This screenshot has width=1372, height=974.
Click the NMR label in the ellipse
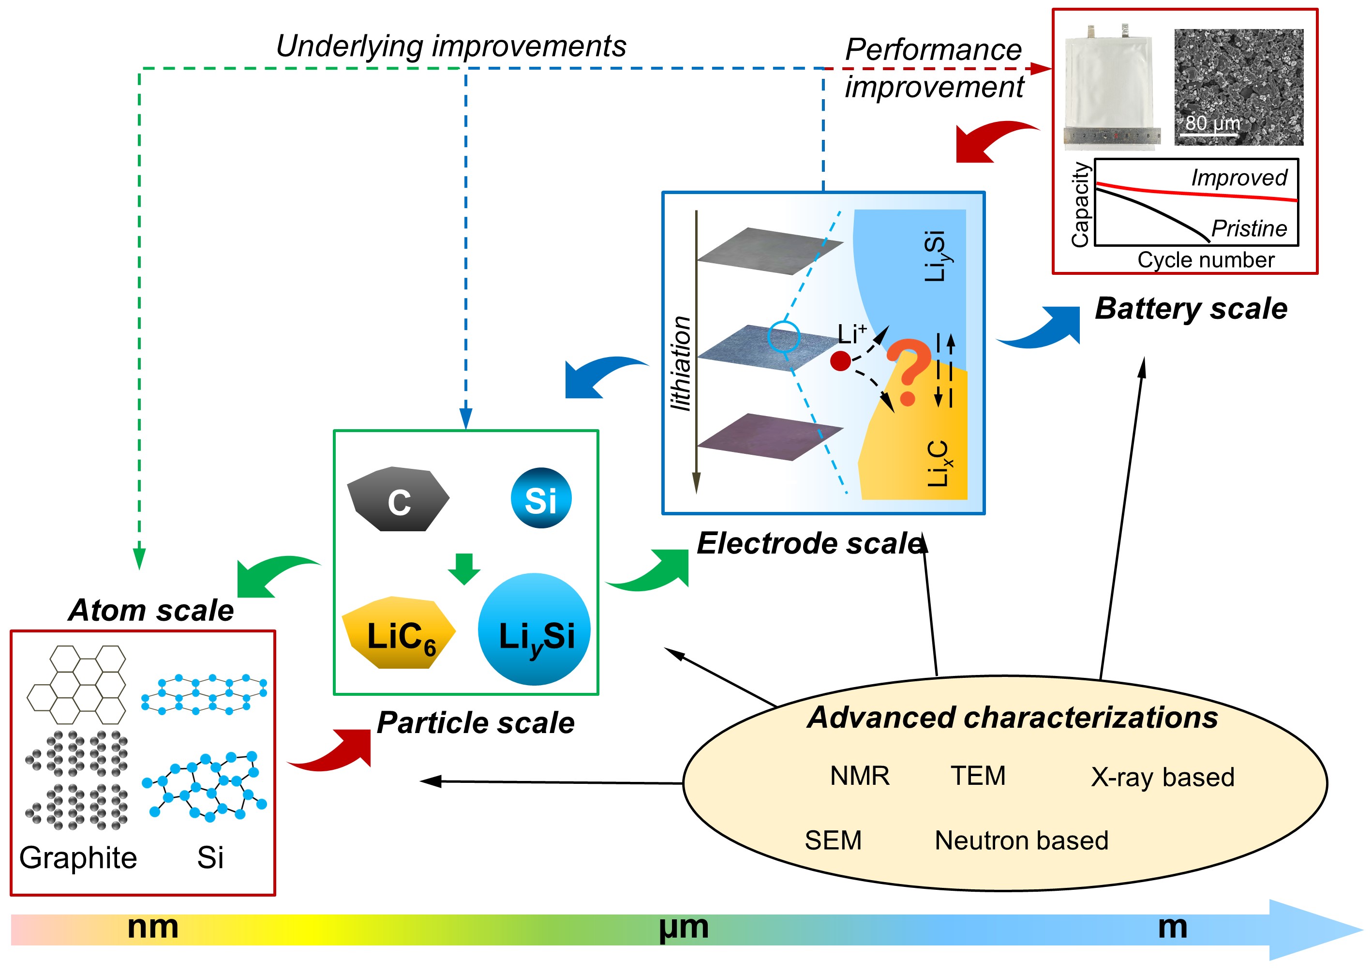(859, 776)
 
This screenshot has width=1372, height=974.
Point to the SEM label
(833, 840)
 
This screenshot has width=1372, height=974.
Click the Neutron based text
(1021, 840)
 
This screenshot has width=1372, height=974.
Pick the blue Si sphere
(541, 498)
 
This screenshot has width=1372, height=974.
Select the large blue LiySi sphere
(534, 630)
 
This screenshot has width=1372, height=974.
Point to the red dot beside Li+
(841, 361)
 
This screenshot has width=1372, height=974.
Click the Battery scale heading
(1191, 309)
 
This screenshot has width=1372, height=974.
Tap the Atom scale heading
(151, 611)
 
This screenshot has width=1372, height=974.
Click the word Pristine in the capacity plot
(1249, 228)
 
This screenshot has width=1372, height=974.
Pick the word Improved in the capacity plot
(1239, 178)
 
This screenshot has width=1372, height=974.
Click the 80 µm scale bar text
(1212, 123)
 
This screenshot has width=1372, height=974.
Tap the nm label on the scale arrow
(153, 927)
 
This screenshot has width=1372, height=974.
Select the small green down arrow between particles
(464, 569)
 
